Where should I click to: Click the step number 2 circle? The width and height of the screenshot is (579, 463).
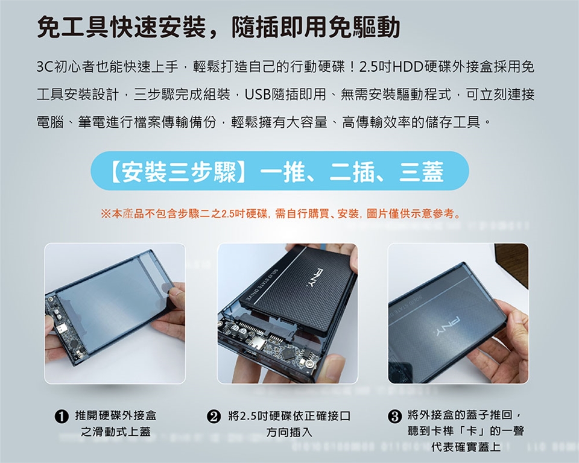tap(214, 417)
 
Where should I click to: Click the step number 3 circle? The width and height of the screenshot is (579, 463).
tap(394, 417)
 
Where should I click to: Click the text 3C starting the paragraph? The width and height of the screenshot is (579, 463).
tap(45, 67)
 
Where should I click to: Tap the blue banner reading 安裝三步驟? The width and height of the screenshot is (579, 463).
tap(280, 171)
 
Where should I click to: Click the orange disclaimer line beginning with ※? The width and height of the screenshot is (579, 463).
tap(280, 213)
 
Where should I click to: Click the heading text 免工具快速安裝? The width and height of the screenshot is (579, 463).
tap(122, 28)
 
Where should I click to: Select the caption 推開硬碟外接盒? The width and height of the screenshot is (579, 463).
tap(116, 416)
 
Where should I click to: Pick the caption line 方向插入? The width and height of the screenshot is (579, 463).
tap(289, 432)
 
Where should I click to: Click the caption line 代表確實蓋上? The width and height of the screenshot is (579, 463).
tap(466, 447)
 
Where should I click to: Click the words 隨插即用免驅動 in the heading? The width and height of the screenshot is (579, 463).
tap(315, 28)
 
